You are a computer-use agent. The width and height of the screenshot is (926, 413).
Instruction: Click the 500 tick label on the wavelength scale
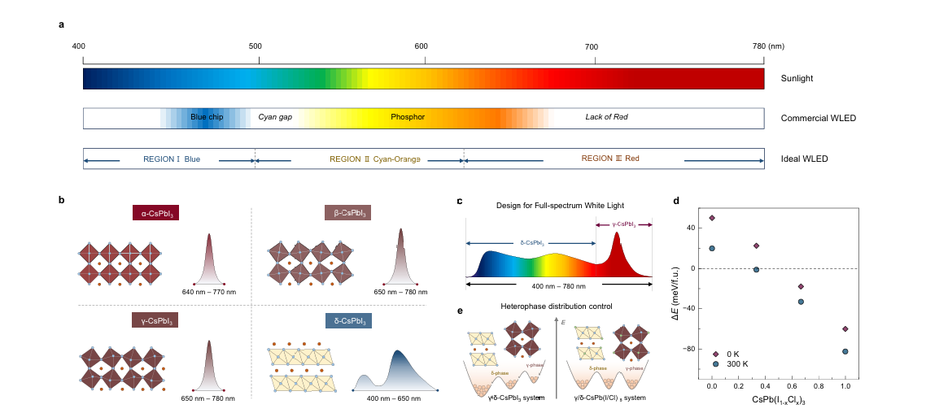coord(255,46)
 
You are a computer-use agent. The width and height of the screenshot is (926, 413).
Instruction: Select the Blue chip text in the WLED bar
coord(207,117)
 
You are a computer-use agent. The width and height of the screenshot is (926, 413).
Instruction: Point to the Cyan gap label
coord(275,117)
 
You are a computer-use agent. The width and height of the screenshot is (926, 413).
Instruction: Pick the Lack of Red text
coord(606,117)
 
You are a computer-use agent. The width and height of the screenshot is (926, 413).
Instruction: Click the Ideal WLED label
coord(804,159)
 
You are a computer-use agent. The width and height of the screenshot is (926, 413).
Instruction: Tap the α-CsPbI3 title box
coord(155,215)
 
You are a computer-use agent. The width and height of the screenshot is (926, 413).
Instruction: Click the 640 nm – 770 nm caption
coord(209,292)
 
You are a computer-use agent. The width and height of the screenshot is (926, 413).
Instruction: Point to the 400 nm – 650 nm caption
coord(395,398)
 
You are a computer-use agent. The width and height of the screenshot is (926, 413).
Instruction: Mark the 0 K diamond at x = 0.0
coord(712,218)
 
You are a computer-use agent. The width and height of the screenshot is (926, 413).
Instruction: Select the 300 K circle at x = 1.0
coord(845,352)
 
